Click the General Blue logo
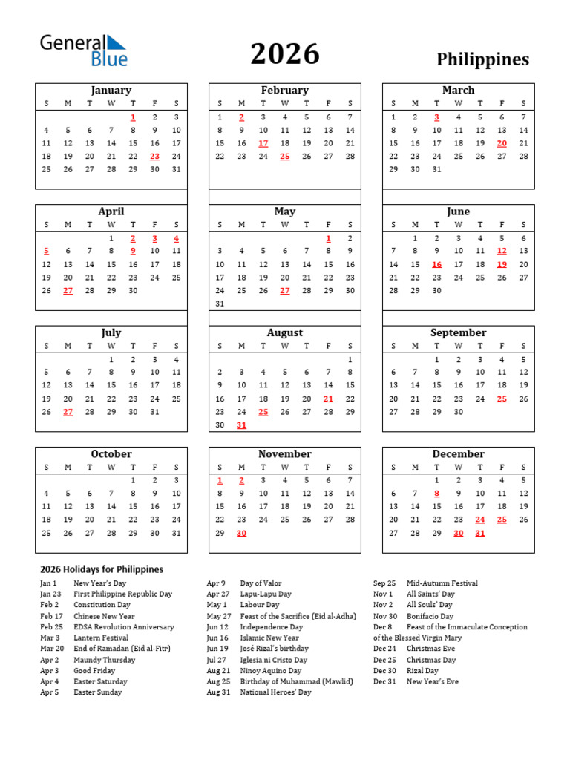83,50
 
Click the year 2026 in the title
284,54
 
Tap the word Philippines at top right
482,59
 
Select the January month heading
111,91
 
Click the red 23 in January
154,157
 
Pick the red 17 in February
263,143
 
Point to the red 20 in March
502,143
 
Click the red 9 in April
133,252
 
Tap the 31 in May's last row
220,304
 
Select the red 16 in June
436,265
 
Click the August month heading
285,333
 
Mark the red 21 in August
328,399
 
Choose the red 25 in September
502,399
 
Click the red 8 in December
436,494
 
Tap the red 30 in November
241,534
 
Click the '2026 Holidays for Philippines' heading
102,569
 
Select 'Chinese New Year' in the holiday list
104,616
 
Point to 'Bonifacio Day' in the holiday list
430,616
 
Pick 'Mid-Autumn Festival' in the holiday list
442,583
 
